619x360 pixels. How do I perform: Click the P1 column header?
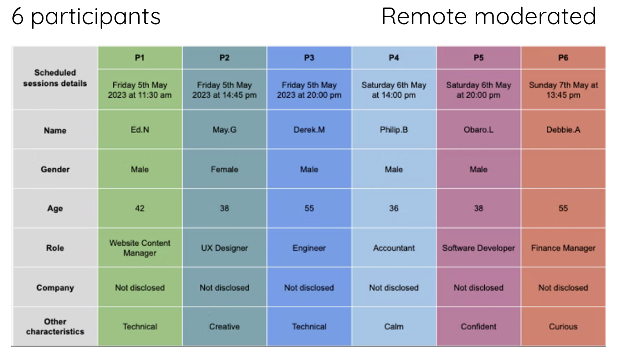tap(140, 58)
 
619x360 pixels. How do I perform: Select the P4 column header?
tap(394, 58)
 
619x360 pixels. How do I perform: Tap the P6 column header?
tap(563, 58)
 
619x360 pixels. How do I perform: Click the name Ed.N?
tap(140, 130)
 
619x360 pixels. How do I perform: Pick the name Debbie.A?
tap(563, 130)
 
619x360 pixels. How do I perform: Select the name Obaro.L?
tap(478, 130)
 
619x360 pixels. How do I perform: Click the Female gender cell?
tap(224, 169)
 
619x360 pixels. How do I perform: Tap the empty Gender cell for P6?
tap(563, 169)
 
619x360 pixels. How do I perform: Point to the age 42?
tap(140, 208)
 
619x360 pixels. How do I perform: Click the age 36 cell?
tap(394, 208)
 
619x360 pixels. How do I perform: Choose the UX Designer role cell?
tap(224, 248)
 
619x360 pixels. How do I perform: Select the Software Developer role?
tap(478, 248)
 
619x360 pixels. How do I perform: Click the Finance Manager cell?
tap(563, 248)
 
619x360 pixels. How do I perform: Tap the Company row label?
tap(55, 288)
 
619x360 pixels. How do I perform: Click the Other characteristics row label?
tap(55, 327)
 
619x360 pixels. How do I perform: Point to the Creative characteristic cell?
tap(224, 327)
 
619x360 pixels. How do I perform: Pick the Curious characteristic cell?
tap(563, 327)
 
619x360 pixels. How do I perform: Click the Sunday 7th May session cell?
tap(563, 90)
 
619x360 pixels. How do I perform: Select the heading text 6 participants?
tap(86, 17)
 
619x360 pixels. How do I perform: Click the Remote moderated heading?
tap(489, 17)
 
